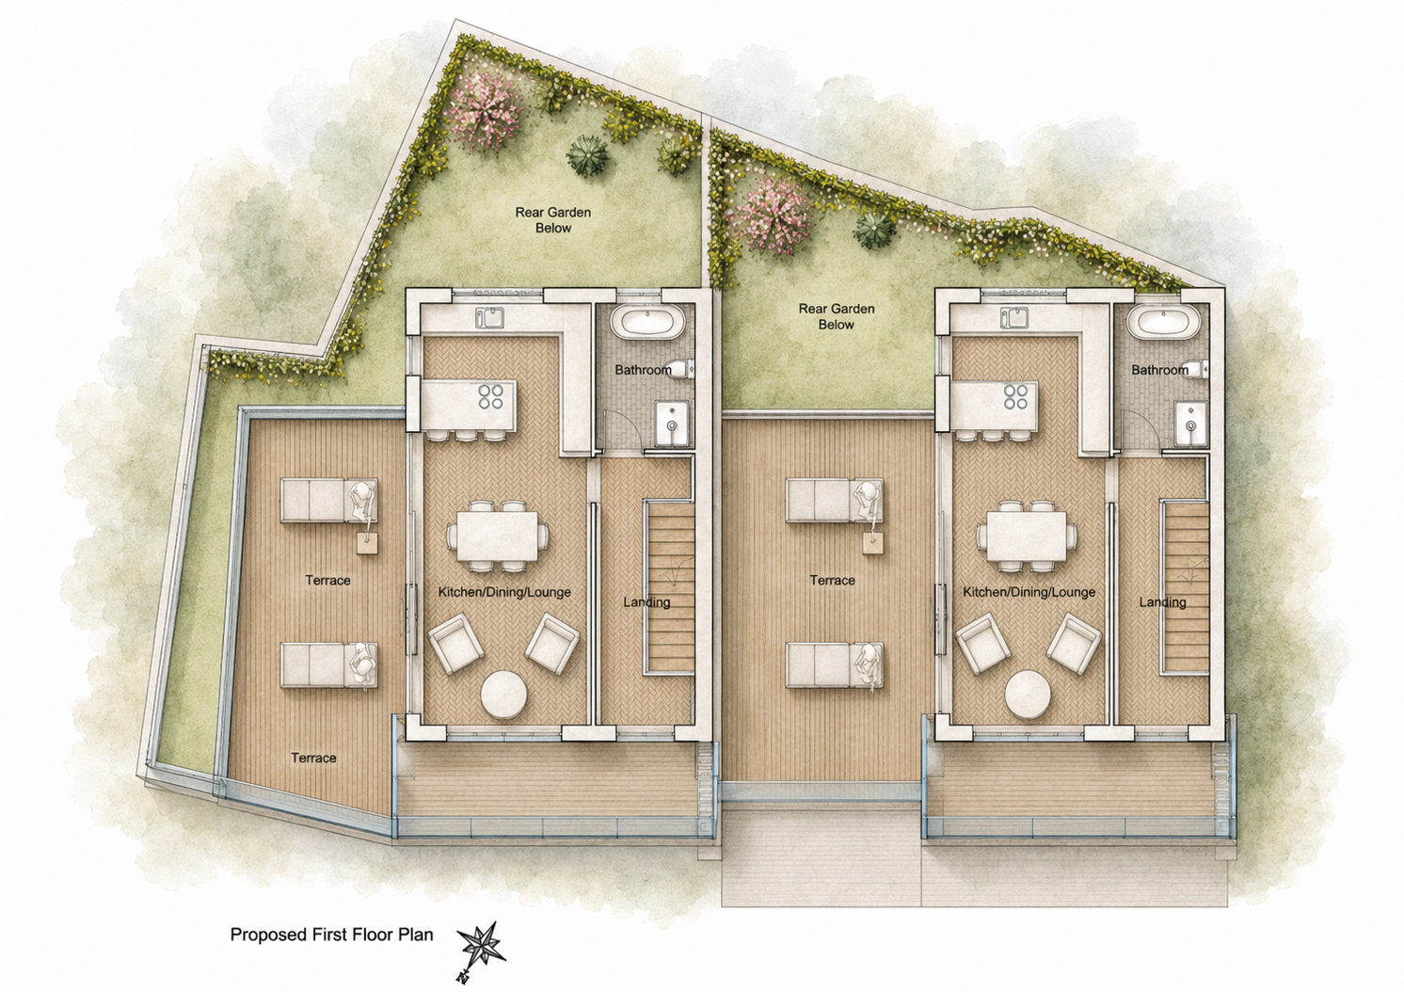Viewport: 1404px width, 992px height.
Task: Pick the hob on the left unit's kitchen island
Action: (491, 396)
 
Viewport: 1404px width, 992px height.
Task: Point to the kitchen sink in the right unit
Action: (1014, 318)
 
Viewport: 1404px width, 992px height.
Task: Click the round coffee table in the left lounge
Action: (503, 695)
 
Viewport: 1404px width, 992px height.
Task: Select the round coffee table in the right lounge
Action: (1028, 695)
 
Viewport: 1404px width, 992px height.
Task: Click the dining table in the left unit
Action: (498, 536)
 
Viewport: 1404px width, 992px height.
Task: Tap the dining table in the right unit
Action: (1027, 536)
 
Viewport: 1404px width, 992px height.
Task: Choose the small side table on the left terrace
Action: (368, 543)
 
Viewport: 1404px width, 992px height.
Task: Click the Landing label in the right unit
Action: (1163, 602)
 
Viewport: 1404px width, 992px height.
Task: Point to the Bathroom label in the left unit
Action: (643, 370)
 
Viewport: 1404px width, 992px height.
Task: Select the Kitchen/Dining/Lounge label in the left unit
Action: (504, 592)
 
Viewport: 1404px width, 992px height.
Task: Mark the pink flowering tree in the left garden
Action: (487, 111)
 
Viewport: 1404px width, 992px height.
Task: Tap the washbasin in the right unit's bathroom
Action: (1190, 424)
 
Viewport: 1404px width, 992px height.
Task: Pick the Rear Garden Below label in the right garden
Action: (837, 316)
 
